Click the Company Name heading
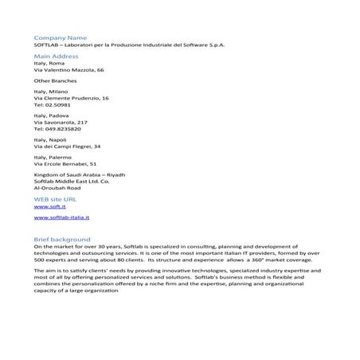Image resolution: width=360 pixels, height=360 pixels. point(61,37)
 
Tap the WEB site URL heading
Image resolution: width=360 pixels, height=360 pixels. point(56,198)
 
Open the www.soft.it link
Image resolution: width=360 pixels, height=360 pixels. point(49,206)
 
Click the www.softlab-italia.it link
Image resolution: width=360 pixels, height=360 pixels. point(62,217)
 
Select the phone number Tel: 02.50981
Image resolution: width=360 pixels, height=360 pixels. point(53,104)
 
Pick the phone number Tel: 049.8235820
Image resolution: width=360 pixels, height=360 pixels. point(57,128)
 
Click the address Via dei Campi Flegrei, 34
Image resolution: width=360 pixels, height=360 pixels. point(68,147)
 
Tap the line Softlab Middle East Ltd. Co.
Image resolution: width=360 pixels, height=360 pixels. point(72,182)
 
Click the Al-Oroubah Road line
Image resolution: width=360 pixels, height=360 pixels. point(58,189)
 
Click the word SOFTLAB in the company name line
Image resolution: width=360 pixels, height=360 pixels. point(48,45)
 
